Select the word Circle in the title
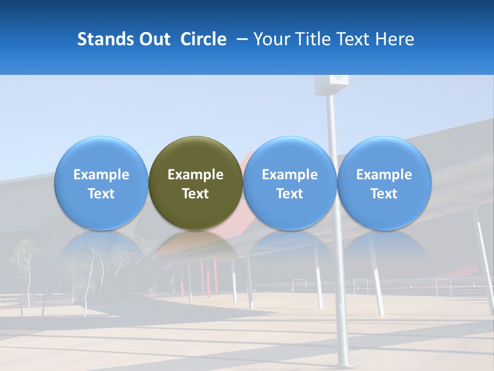coord(203,39)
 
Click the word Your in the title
coord(271,39)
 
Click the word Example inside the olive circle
coord(196,175)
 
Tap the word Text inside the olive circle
coord(196,194)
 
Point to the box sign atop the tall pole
coord(332,85)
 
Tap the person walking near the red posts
coord(173,282)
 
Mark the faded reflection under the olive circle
coord(196,247)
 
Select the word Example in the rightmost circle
coord(384,175)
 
